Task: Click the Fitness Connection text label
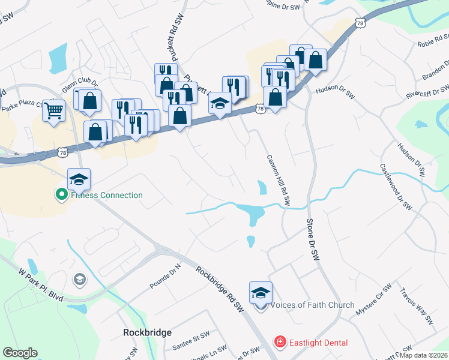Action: [x=107, y=195]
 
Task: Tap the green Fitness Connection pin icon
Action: [x=61, y=194]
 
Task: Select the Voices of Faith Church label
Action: [x=312, y=305]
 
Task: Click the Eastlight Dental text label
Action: [x=319, y=343]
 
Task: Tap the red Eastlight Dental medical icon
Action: [x=279, y=343]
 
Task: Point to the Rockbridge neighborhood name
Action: [x=147, y=332]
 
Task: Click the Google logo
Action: [x=20, y=353]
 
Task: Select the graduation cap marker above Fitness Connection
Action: [x=79, y=179]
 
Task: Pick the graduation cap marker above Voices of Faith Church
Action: [x=261, y=292]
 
